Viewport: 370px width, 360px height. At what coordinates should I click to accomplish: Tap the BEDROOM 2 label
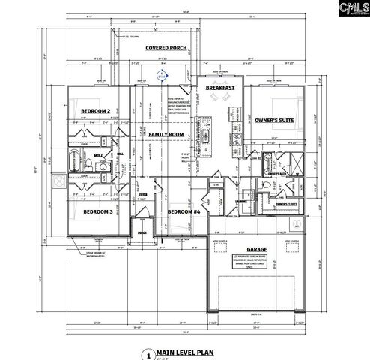pyautogui.click(x=96, y=112)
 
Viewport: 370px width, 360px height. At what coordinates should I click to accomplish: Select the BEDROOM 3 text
pyautogui.click(x=97, y=212)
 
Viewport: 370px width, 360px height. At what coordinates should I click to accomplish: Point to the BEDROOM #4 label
pyautogui.click(x=184, y=212)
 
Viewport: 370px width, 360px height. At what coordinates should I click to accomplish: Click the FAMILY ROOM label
pyautogui.click(x=166, y=134)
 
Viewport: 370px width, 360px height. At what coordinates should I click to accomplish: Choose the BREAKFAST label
pyautogui.click(x=222, y=88)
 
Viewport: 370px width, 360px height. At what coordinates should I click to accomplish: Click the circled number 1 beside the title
pyautogui.click(x=148, y=353)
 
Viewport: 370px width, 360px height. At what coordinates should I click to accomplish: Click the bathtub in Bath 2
pyautogui.click(x=75, y=160)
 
